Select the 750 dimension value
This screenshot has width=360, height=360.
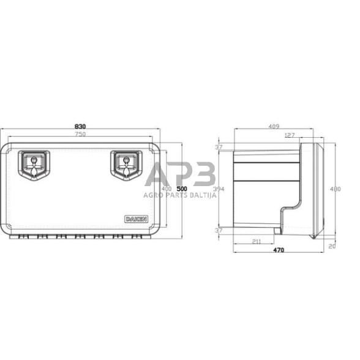click(x=81, y=135)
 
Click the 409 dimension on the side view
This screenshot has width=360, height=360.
click(x=274, y=126)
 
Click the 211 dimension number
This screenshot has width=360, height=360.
click(x=257, y=242)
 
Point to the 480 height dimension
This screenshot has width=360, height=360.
click(x=335, y=189)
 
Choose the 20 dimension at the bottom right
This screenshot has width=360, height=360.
click(x=332, y=247)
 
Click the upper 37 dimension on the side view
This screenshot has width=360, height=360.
click(x=219, y=147)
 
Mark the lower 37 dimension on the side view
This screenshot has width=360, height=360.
click(x=219, y=230)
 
